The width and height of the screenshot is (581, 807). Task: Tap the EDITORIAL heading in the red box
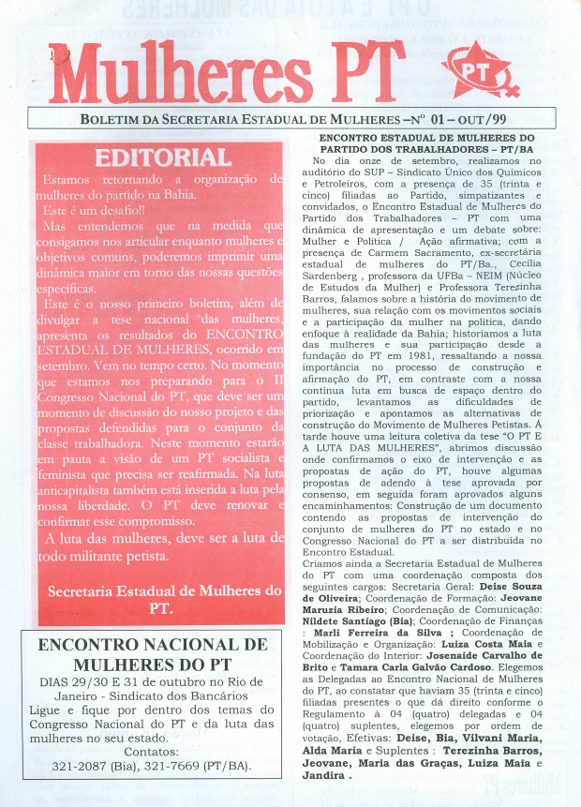coord(163,157)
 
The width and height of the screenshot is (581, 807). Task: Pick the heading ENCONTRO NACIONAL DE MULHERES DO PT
coord(150,655)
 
